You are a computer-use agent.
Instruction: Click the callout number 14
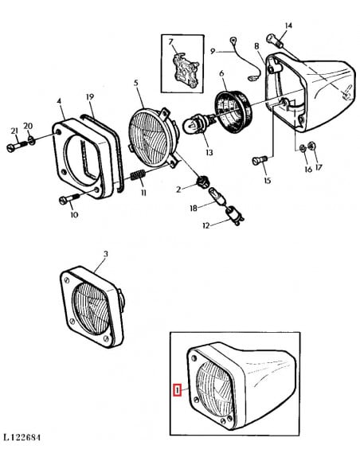click(x=288, y=25)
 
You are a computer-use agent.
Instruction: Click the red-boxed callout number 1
click(x=178, y=390)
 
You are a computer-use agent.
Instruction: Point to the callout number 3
click(x=104, y=254)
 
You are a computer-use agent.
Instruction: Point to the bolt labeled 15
click(x=258, y=161)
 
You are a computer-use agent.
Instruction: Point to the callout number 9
click(x=213, y=51)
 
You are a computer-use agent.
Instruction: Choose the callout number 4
click(x=60, y=101)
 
